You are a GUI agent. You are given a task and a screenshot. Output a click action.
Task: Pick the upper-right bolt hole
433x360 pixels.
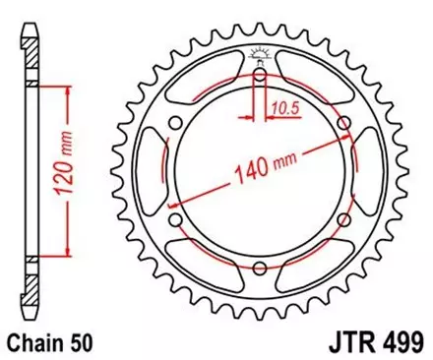pyautogui.click(x=342, y=122)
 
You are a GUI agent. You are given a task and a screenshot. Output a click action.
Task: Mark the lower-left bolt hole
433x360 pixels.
pyautogui.click(x=173, y=220)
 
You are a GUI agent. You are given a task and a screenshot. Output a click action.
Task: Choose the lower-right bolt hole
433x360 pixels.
pyautogui.click(x=342, y=220)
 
